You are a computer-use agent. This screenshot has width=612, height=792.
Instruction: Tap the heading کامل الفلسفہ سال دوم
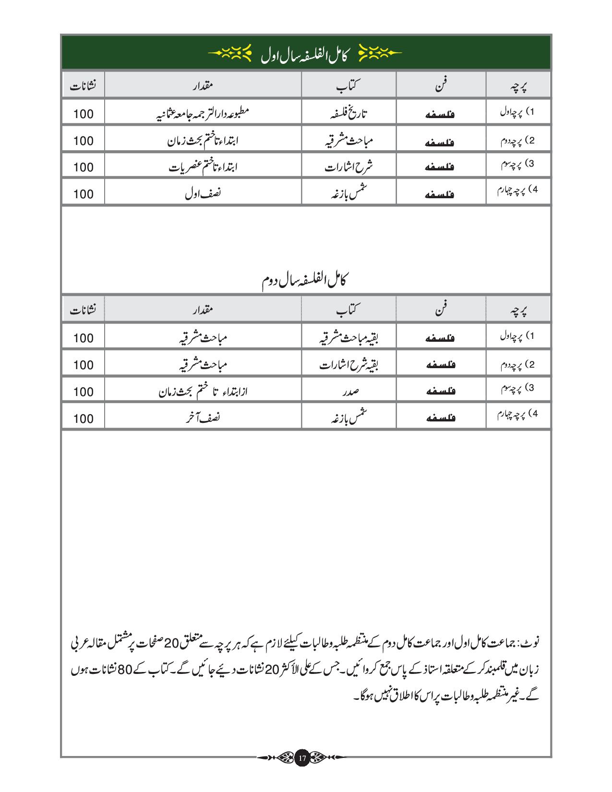coord(306,280)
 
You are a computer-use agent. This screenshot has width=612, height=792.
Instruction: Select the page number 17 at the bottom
coord(302,757)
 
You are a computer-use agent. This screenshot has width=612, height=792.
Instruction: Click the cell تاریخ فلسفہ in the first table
coord(348,113)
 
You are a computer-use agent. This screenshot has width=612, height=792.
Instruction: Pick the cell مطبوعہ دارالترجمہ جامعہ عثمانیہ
coord(203,113)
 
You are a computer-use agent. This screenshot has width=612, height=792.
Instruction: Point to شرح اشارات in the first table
coord(348,167)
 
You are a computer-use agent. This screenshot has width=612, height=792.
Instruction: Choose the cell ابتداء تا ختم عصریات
coord(203,167)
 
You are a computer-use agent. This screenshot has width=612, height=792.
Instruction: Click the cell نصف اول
coord(203,194)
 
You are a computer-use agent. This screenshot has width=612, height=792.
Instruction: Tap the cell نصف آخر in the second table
coord(203,418)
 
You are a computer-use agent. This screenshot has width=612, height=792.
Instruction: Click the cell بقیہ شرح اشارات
coord(348,365)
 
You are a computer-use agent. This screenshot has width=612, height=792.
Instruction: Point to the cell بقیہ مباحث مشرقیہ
coord(348,338)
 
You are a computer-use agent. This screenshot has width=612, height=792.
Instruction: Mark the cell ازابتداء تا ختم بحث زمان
coord(203,392)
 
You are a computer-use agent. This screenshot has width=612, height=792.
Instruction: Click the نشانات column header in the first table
coord(83,86)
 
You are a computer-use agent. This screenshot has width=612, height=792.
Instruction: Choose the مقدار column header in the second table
coord(203,310)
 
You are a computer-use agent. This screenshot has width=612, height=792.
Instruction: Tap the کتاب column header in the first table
coord(348,86)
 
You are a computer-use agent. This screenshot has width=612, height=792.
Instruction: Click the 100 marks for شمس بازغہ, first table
coord(84,194)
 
